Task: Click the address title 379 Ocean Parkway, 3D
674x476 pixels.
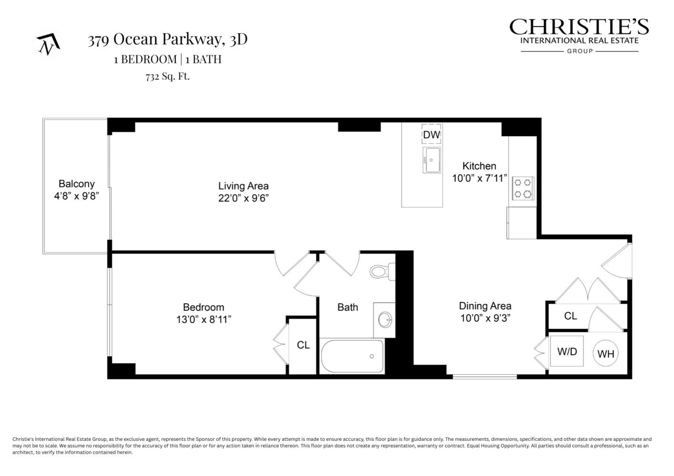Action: point(167,40)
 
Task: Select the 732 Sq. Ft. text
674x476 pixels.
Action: point(167,76)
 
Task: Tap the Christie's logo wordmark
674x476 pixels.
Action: point(579,27)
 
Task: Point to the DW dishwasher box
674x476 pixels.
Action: point(432,134)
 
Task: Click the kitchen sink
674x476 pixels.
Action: point(431,160)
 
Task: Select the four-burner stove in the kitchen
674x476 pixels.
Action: point(523,188)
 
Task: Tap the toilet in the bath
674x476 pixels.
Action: point(382,272)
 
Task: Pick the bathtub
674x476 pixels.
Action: point(352,356)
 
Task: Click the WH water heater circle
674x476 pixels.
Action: point(605,354)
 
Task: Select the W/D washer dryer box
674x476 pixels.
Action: point(567,351)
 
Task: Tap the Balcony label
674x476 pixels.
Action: point(76,184)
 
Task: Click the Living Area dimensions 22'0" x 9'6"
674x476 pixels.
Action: point(243,198)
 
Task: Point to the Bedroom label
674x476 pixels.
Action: point(203,307)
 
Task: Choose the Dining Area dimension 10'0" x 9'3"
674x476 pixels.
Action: point(485,318)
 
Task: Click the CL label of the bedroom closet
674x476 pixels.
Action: point(303,345)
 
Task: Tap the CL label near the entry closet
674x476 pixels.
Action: point(570,316)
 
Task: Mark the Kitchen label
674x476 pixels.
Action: point(479,166)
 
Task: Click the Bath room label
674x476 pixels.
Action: point(347,307)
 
